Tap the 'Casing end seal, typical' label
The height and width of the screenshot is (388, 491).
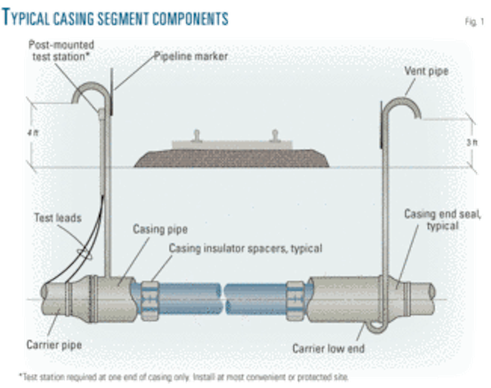tap(443, 220)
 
